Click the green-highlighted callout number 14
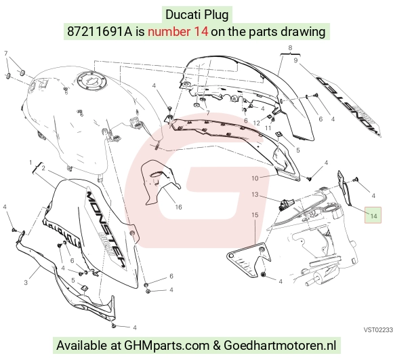[x=373, y=216]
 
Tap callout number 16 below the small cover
[x=178, y=207]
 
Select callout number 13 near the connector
[x=255, y=195]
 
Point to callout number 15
[x=255, y=215]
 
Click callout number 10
[x=255, y=178]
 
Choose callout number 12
[x=257, y=123]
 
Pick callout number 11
[x=268, y=128]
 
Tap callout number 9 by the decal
[x=295, y=60]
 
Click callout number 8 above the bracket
[x=290, y=48]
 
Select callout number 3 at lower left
[x=26, y=283]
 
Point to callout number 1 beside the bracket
[x=30, y=163]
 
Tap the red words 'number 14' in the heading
[x=178, y=32]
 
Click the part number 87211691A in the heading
[x=100, y=32]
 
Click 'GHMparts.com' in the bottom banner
[x=167, y=346]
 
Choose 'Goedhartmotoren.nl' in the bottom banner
[x=280, y=346]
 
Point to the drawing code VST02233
[x=379, y=330]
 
